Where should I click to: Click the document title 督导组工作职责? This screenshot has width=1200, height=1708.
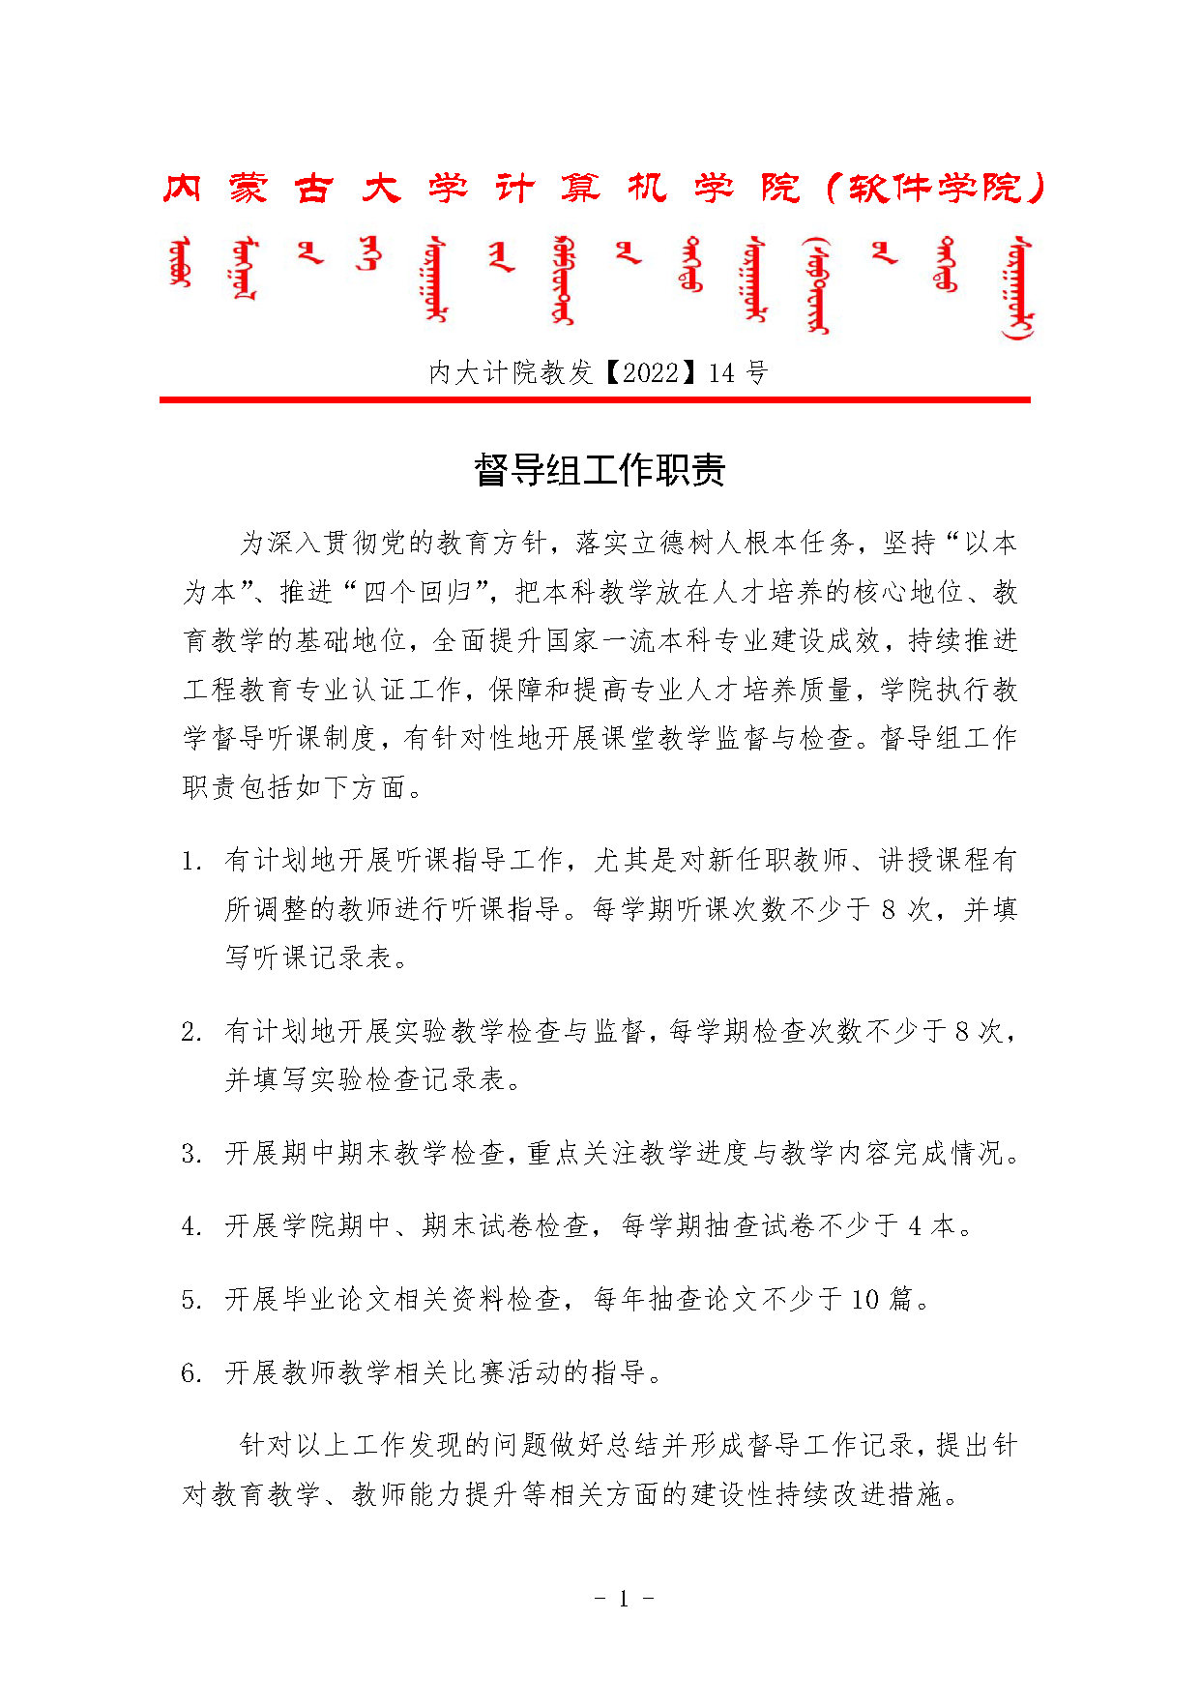[x=600, y=471]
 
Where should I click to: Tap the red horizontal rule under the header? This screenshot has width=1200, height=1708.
[x=595, y=399]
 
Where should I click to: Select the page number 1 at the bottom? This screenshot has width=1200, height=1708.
[x=624, y=1598]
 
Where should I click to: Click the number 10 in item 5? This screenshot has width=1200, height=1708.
[x=865, y=1300]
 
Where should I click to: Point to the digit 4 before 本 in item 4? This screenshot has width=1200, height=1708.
[x=915, y=1226]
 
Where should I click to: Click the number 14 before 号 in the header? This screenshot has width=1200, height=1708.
[x=721, y=372]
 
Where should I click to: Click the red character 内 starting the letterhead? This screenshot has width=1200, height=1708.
[x=182, y=188]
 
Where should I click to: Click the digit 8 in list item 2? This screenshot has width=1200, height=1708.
[x=962, y=1032]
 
